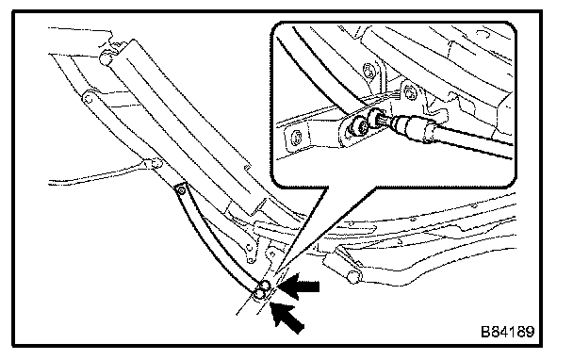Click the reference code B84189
(508, 332)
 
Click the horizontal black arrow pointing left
(298, 286)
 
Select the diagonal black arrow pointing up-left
(286, 317)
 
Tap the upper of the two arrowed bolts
(266, 286)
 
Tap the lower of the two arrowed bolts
(259, 293)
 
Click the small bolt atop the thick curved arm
(180, 190)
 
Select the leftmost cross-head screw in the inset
(296, 139)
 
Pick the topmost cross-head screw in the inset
(369, 70)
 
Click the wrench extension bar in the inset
(470, 141)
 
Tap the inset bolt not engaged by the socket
(354, 128)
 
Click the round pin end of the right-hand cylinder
(353, 277)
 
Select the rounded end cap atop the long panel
(106, 58)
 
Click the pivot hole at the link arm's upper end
(88, 98)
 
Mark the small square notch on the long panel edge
(247, 168)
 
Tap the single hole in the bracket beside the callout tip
(271, 253)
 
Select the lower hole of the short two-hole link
(251, 260)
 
